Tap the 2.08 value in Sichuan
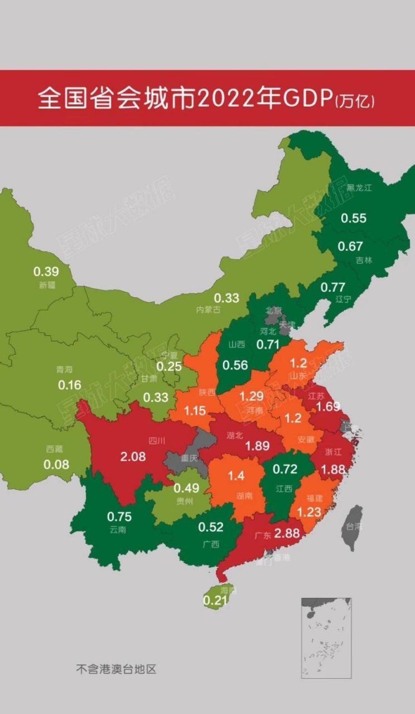(132, 457)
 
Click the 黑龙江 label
(359, 188)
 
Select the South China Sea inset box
(326, 638)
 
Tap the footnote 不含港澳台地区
(116, 669)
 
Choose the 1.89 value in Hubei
(258, 446)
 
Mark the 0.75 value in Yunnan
(119, 516)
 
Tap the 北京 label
(274, 310)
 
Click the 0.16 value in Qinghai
(70, 385)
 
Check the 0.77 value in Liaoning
(333, 287)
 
